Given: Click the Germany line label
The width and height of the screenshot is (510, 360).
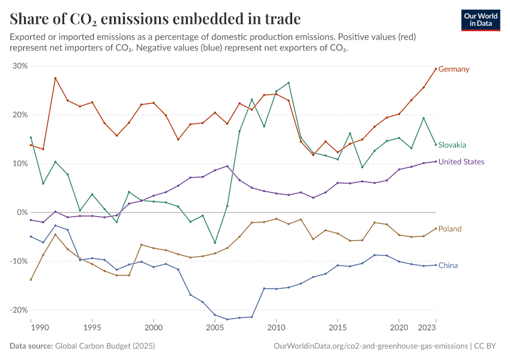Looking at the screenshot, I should (454, 69).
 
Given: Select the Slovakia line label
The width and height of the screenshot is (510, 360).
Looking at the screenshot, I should (452, 145).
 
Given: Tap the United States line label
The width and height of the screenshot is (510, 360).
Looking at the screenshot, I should (461, 162).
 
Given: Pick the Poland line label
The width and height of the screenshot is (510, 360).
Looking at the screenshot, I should (450, 229).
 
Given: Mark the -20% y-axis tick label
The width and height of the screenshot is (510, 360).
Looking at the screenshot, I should (19, 310).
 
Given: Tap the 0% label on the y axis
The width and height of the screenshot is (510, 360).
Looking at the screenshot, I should (22, 212).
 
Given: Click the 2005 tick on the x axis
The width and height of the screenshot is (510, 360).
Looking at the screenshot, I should (215, 328).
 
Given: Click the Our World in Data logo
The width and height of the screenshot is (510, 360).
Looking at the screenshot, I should (481, 20).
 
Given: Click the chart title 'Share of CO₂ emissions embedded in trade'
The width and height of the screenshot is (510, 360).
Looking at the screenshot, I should (155, 19).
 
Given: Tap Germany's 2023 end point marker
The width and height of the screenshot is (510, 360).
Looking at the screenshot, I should (436, 68).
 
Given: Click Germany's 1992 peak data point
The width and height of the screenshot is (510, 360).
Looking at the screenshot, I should (55, 79).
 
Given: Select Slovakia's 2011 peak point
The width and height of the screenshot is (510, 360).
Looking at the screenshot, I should (289, 83).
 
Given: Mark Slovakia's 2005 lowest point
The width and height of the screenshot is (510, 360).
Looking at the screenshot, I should (215, 243).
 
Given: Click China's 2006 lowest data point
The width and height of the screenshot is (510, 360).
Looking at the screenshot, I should (227, 319).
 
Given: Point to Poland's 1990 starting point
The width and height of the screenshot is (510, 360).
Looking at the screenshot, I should (31, 280).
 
